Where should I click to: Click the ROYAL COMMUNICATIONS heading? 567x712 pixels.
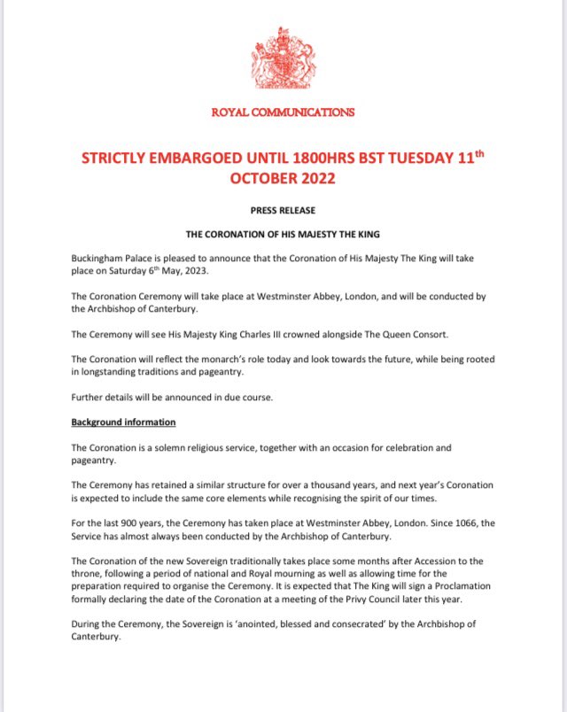[283, 112]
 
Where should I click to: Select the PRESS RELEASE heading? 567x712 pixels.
[283, 211]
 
